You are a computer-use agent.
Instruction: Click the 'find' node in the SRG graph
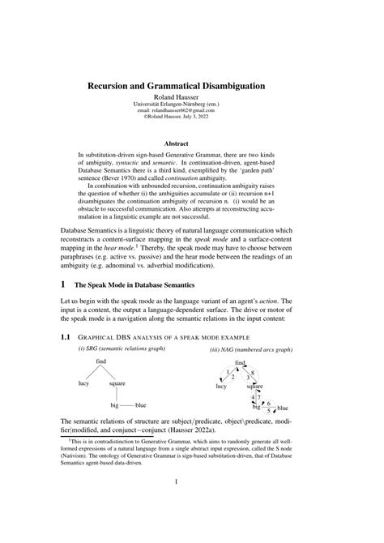point(101,361)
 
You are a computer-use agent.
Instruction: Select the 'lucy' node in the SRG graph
point(83,383)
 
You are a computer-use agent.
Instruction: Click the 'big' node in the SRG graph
point(114,404)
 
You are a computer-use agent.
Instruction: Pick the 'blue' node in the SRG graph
point(141,404)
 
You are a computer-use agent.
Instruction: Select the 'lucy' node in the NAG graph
point(220,387)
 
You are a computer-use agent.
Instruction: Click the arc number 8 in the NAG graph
point(253,373)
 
